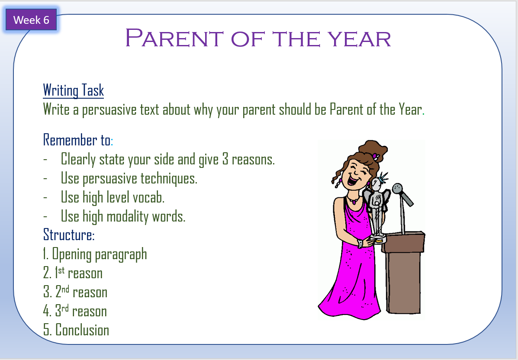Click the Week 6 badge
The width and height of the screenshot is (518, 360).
coord(32,20)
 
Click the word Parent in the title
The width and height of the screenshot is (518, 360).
coord(174,38)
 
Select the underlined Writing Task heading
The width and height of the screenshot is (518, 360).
coord(73,90)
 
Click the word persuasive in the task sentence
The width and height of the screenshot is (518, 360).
coord(109,109)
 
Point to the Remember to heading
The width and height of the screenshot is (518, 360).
coord(78,140)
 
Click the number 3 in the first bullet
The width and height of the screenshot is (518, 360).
coord(225,159)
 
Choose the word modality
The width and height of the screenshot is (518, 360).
coord(128,217)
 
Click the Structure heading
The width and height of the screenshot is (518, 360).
coord(69,235)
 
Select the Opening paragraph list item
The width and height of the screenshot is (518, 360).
coord(95,254)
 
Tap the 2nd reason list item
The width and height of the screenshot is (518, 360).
coord(75,292)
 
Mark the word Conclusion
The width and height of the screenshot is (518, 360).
coord(82,330)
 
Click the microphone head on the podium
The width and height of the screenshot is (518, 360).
coord(397,189)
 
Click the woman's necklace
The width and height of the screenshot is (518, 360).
coord(353,200)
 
